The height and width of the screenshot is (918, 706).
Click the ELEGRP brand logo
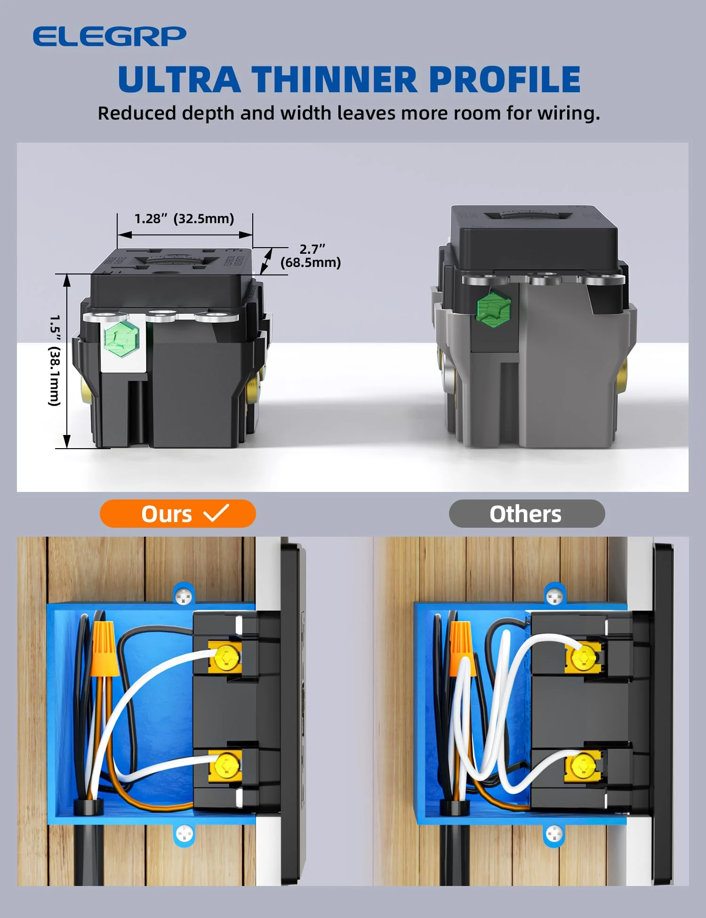coord(109,36)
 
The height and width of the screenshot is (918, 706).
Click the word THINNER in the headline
coord(334,79)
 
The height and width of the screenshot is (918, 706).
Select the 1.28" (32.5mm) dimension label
coord(184,218)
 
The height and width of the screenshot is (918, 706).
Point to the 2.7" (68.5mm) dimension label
coord(311,256)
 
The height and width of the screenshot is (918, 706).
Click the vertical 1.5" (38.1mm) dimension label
coord(55,360)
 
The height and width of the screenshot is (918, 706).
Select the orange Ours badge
coord(177,514)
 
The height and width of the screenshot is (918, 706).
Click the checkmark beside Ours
coord(217,513)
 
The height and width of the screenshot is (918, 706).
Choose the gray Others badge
coord(526,514)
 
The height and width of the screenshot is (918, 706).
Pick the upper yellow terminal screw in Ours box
coord(226,656)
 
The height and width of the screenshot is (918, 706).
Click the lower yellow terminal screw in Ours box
coord(226,765)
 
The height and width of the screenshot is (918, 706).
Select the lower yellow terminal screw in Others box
coord(583,765)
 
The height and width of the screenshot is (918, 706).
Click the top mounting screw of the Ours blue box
coord(184,597)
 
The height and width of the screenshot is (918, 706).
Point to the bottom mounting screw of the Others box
coord(554,835)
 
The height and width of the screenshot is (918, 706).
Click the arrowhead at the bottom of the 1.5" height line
coord(67,442)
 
